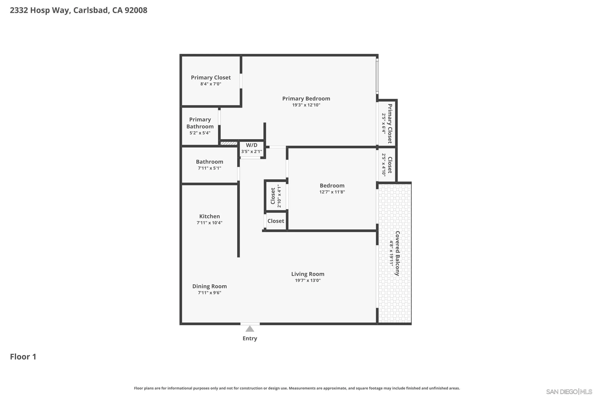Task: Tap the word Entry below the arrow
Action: (249, 338)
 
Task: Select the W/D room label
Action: (251, 145)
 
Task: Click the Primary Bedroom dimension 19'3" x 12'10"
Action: (306, 105)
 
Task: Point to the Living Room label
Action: (308, 274)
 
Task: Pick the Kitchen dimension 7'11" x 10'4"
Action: (209, 223)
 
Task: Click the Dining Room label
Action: (209, 286)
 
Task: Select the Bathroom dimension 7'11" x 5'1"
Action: (209, 168)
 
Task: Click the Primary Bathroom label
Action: (200, 123)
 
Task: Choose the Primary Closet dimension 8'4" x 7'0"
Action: (211, 84)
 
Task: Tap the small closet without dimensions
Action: (276, 221)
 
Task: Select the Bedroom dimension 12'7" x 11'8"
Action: (332, 192)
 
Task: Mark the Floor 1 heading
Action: (23, 357)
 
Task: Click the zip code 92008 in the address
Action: (136, 10)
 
